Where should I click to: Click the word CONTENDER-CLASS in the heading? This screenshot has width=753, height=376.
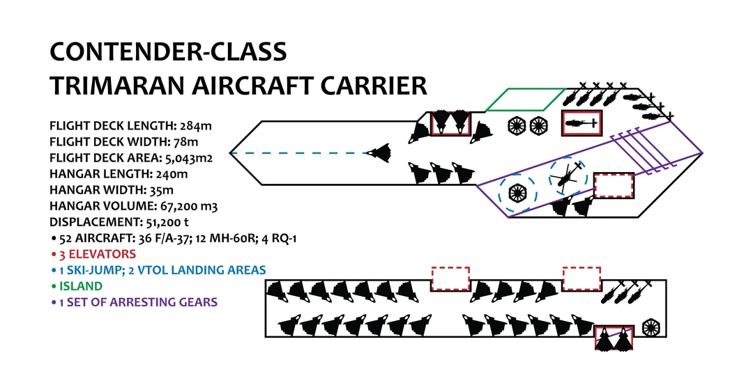[167, 52]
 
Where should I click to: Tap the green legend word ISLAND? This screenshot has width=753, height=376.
[80, 286]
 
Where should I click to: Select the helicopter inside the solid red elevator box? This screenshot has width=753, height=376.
[581, 123]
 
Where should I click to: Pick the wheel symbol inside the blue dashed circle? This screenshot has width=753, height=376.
[517, 191]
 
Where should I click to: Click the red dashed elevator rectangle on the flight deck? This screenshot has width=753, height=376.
[614, 186]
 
